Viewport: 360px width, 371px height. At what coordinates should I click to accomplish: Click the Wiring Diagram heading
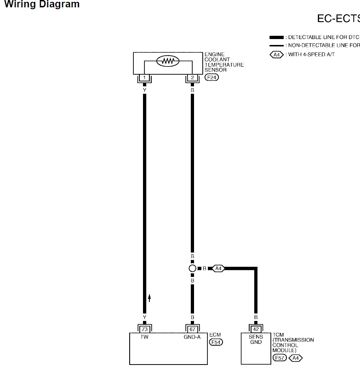coord(41,5)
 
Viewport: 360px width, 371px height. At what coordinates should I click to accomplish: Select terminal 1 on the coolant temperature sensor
coord(144,78)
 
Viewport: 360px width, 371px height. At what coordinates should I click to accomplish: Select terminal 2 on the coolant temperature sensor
coord(192,78)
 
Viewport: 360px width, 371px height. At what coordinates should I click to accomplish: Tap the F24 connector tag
coord(212,78)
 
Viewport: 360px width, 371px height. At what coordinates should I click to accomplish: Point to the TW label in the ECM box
coord(144,337)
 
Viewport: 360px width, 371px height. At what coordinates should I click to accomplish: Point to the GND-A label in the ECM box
coord(192,337)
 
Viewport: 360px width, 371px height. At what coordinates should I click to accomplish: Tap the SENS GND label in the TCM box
coord(256,339)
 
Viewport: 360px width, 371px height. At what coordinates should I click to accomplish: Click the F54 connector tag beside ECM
coord(216,342)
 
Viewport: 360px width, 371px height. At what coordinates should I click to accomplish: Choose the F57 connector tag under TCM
coord(279,358)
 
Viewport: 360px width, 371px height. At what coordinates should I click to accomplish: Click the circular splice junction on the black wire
coord(192,268)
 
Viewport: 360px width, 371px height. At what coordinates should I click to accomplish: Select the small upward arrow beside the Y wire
coord(149,298)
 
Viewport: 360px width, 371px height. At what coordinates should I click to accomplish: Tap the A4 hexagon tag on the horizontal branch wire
coord(218,268)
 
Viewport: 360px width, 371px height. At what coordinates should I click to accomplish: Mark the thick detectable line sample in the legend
coord(276,37)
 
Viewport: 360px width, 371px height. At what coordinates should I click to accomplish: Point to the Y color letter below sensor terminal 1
coord(144,90)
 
